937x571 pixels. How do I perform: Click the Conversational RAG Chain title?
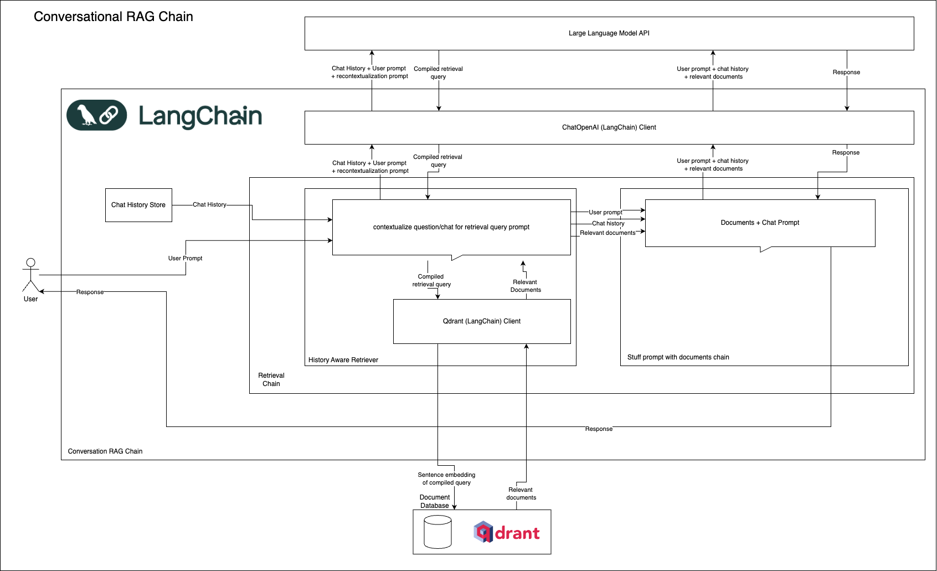[x=113, y=17]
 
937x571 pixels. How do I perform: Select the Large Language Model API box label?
[x=609, y=33]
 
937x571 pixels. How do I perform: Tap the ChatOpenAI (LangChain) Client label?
[x=609, y=127]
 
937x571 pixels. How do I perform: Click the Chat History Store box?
[x=138, y=205]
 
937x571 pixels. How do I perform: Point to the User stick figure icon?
[x=30, y=275]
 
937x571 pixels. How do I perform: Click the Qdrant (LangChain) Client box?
[x=481, y=321]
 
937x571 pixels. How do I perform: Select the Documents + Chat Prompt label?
[x=760, y=223]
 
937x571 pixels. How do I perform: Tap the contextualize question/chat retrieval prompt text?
[x=451, y=227]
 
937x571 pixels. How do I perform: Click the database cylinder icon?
[x=437, y=532]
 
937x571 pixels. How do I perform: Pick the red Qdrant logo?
[x=506, y=532]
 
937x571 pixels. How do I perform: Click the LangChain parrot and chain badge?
[x=97, y=115]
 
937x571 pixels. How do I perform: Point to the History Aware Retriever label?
[x=343, y=360]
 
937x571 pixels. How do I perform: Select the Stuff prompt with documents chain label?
[x=678, y=357]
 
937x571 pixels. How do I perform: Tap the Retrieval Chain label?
[x=271, y=379]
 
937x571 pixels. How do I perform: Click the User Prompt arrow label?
[x=185, y=258]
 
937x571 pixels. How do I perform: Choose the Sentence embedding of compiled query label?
[x=446, y=479]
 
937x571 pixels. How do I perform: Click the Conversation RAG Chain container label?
[x=105, y=451]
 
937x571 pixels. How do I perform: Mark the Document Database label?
[x=435, y=501]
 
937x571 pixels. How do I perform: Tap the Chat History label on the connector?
[x=209, y=204]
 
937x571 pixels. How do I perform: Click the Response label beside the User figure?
[x=90, y=292]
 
